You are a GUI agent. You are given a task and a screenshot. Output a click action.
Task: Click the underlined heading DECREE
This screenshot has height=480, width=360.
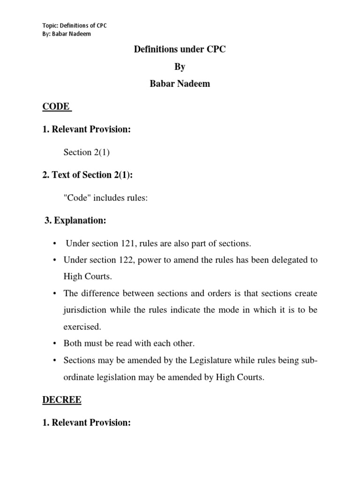click(62, 400)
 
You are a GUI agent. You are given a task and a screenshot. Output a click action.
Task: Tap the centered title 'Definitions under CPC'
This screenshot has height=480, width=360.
click(180, 49)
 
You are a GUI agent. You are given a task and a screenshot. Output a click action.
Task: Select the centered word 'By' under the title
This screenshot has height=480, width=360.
click(180, 67)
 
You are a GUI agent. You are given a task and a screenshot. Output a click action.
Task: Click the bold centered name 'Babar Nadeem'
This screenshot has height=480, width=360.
click(180, 85)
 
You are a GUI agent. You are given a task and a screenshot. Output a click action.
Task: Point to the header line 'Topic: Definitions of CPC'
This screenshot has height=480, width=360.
click(75, 25)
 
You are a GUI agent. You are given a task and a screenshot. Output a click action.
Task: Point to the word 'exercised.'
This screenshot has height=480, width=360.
click(82, 327)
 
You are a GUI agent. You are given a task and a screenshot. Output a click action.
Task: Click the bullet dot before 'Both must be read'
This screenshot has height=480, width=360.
click(55, 344)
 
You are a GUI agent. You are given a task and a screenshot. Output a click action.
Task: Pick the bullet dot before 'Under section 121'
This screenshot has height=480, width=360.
click(55, 243)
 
